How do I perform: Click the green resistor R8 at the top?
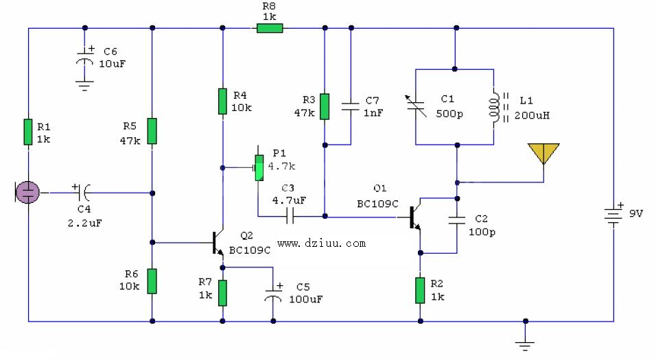[x=269, y=28]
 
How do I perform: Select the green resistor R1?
[x=28, y=132]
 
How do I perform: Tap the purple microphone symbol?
[x=27, y=193]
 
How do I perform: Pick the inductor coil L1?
[x=494, y=107]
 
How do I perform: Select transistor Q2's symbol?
[x=219, y=242]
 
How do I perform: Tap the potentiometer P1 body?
[x=259, y=167]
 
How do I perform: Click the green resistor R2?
[x=420, y=290]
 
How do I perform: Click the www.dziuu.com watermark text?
[x=321, y=243]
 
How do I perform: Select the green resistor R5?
[x=152, y=131]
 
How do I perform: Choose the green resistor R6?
[x=152, y=280]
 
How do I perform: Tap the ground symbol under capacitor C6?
[x=84, y=85]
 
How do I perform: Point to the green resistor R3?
[x=325, y=106]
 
